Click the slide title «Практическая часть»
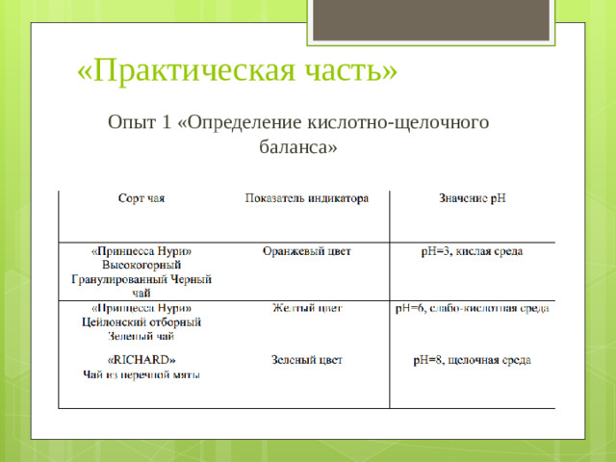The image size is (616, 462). tap(236, 70)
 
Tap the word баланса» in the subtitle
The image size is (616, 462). tap(298, 148)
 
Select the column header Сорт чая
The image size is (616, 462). tap(141, 199)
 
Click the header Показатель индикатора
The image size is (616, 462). tap(307, 199)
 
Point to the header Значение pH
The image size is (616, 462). tap(472, 199)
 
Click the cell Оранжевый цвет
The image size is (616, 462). tap(307, 251)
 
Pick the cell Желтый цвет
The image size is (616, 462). tap(307, 309)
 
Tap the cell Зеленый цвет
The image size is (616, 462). tap(307, 360)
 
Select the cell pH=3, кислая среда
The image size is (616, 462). tap(472, 251)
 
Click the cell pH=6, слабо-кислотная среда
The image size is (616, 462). tap(472, 309)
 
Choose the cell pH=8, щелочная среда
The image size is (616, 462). tap(472, 360)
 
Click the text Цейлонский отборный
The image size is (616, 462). tap(141, 322)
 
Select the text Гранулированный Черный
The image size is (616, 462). tap(141, 279)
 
